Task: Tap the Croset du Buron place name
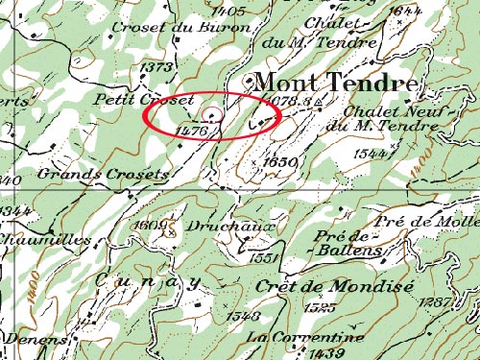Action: tap(181, 28)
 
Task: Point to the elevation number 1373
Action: tap(156, 66)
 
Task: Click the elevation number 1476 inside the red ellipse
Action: tap(194, 128)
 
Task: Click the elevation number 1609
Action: tap(152, 226)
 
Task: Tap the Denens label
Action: tap(34, 338)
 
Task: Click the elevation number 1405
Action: tap(231, 11)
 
